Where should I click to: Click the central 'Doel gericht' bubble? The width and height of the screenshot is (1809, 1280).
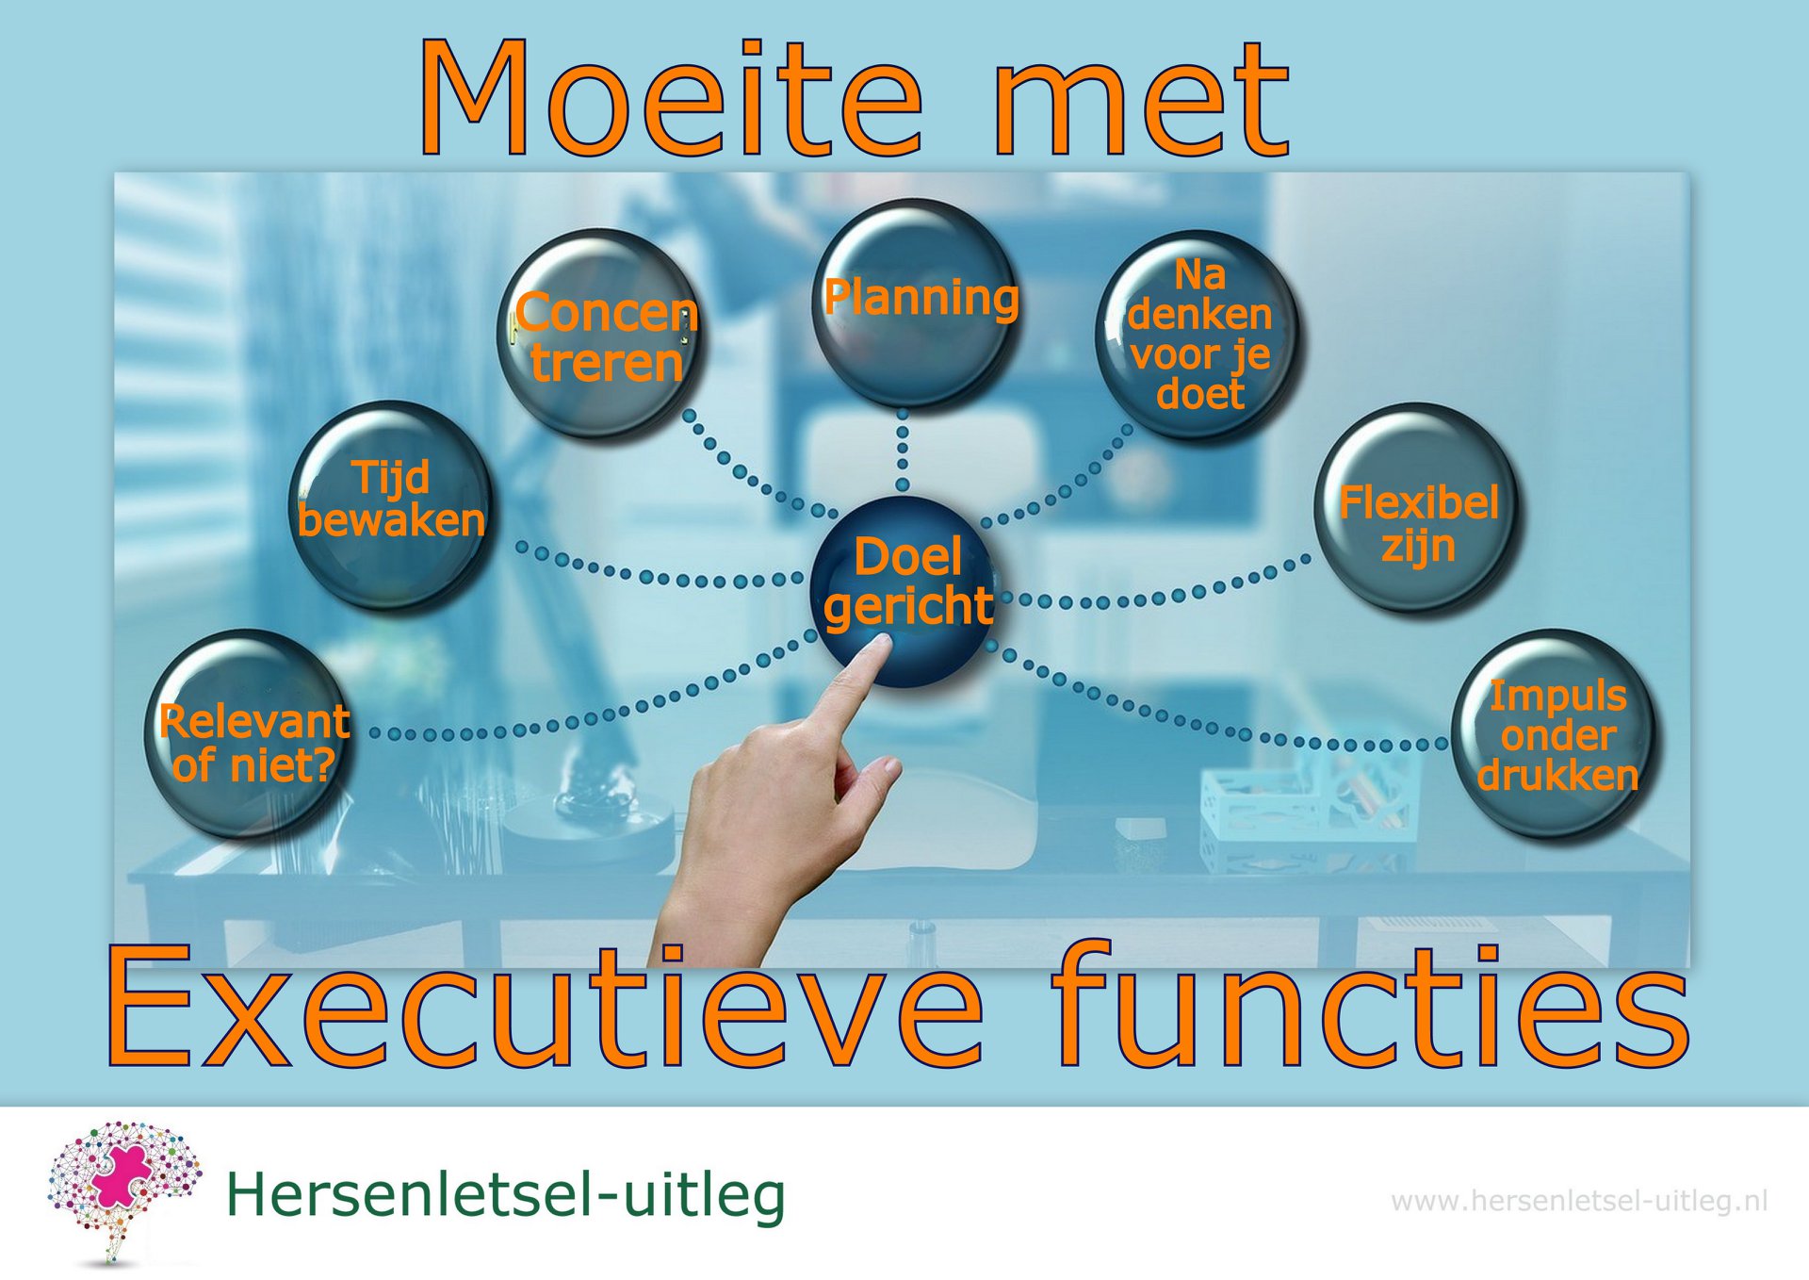(x=904, y=591)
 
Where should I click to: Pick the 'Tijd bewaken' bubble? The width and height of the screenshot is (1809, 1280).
(x=392, y=504)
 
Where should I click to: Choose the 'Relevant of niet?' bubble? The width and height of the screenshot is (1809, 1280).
(x=247, y=732)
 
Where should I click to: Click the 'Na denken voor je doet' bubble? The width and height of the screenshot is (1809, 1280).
(x=1198, y=335)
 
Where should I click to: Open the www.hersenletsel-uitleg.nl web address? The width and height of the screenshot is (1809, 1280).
(x=1579, y=1201)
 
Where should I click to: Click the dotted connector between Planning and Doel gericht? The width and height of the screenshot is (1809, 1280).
(x=903, y=451)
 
